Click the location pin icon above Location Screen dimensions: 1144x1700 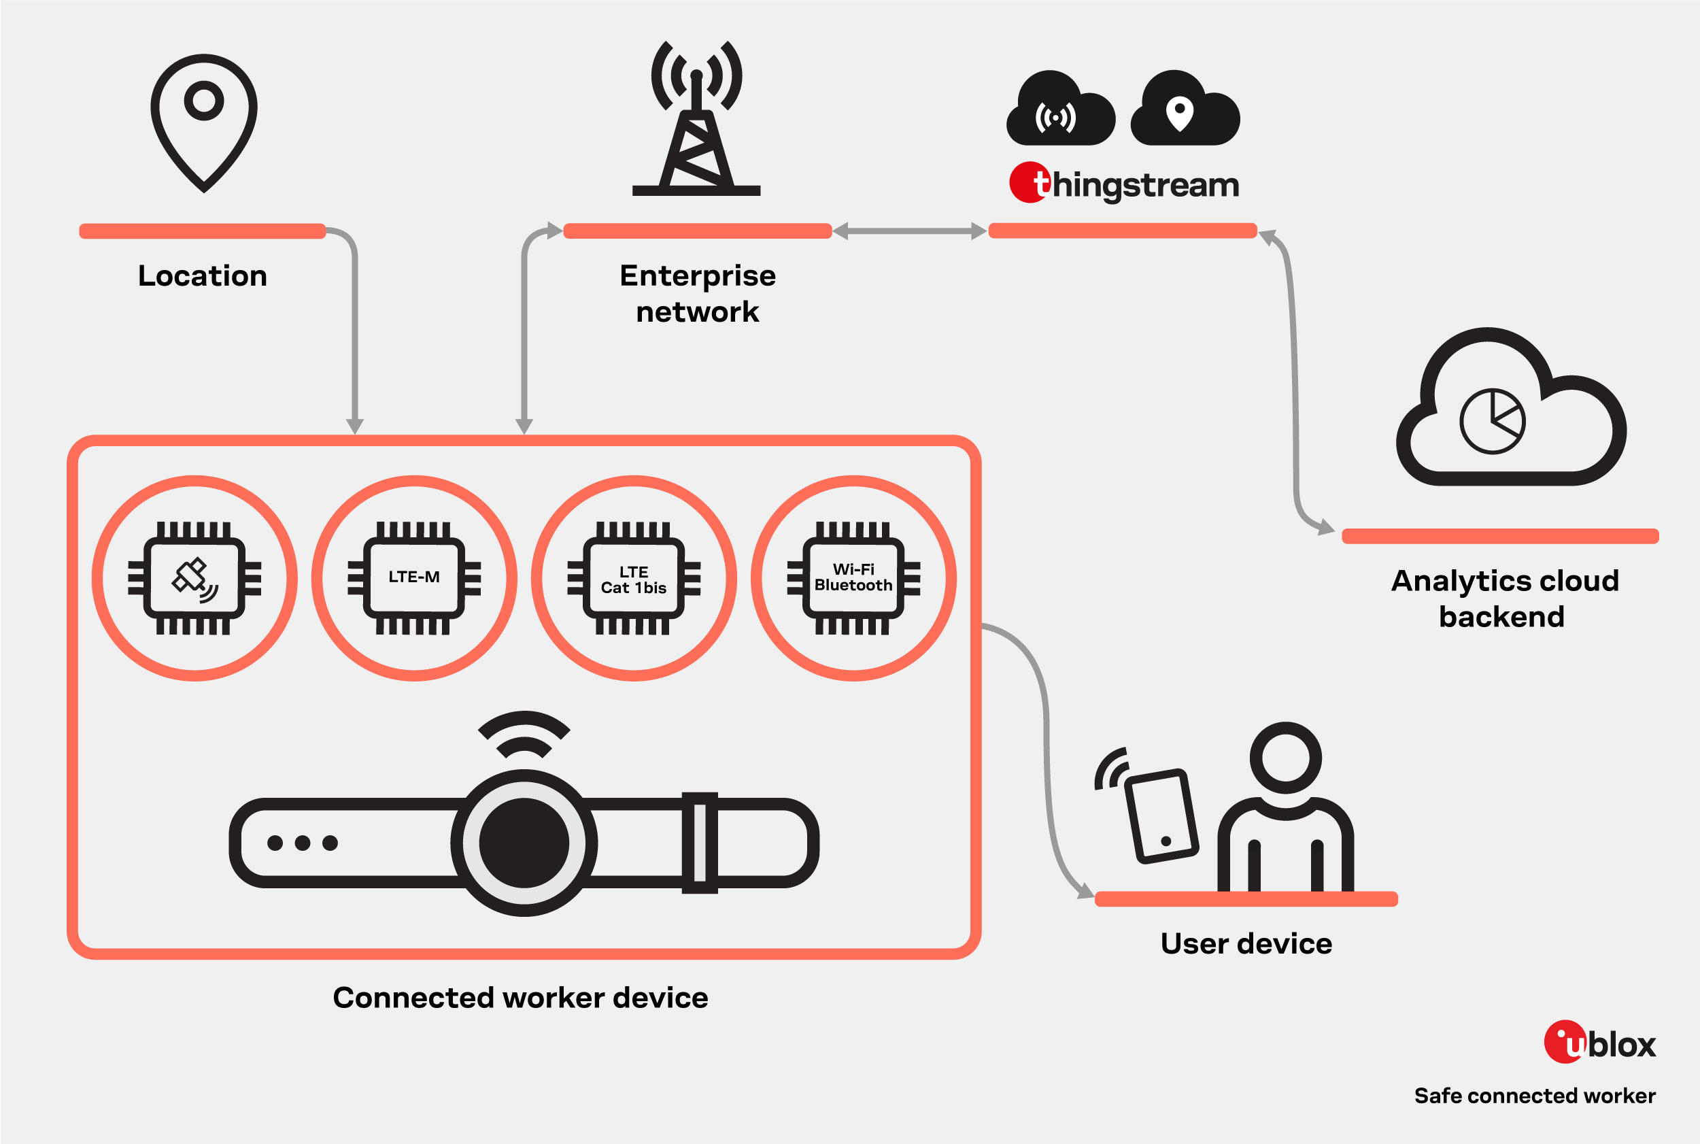203,120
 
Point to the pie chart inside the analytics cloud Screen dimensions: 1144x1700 1492,421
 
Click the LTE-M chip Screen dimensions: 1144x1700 414,577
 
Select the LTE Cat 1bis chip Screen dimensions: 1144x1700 634,579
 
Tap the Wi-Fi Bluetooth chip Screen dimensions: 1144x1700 853,577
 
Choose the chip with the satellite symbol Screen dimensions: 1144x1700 194,577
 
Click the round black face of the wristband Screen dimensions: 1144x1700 524,843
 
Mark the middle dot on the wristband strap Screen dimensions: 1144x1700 303,843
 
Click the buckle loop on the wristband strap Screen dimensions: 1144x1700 700,842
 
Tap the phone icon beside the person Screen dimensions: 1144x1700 1161,815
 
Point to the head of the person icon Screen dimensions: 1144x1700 1285,757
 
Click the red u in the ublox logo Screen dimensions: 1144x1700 1565,1042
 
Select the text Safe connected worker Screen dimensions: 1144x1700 1535,1095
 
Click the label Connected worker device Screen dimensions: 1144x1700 520,997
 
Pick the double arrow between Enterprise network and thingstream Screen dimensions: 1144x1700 909,231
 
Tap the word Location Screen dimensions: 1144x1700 203,275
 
